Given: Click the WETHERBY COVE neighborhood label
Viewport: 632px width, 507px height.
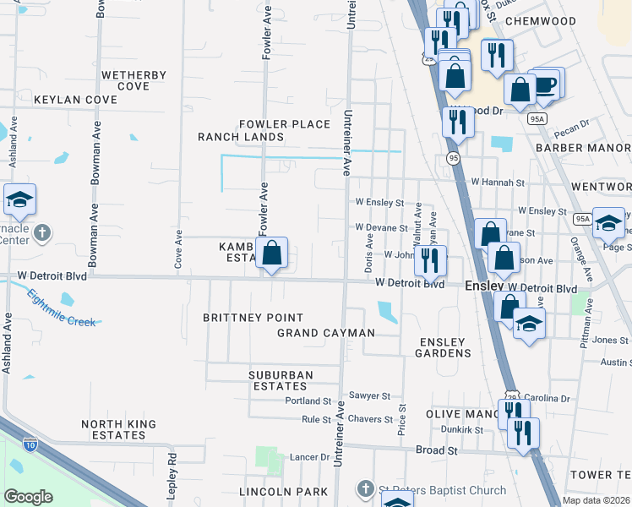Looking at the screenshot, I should (x=133, y=80).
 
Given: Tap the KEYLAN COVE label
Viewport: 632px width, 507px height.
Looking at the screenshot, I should (x=75, y=100).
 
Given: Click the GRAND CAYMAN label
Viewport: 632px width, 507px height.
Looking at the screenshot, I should (x=326, y=333).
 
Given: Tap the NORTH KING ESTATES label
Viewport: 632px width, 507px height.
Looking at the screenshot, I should (x=113, y=429).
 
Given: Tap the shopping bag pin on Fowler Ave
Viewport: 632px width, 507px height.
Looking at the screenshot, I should (x=271, y=253).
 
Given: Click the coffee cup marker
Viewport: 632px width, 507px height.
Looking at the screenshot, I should (x=545, y=84).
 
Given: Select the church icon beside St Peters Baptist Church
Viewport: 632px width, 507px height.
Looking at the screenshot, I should (x=364, y=489).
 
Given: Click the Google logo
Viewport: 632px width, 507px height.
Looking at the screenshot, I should (x=29, y=497).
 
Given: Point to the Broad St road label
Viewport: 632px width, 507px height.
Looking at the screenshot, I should (x=436, y=450).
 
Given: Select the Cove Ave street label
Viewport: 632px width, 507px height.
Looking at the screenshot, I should (x=178, y=249).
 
